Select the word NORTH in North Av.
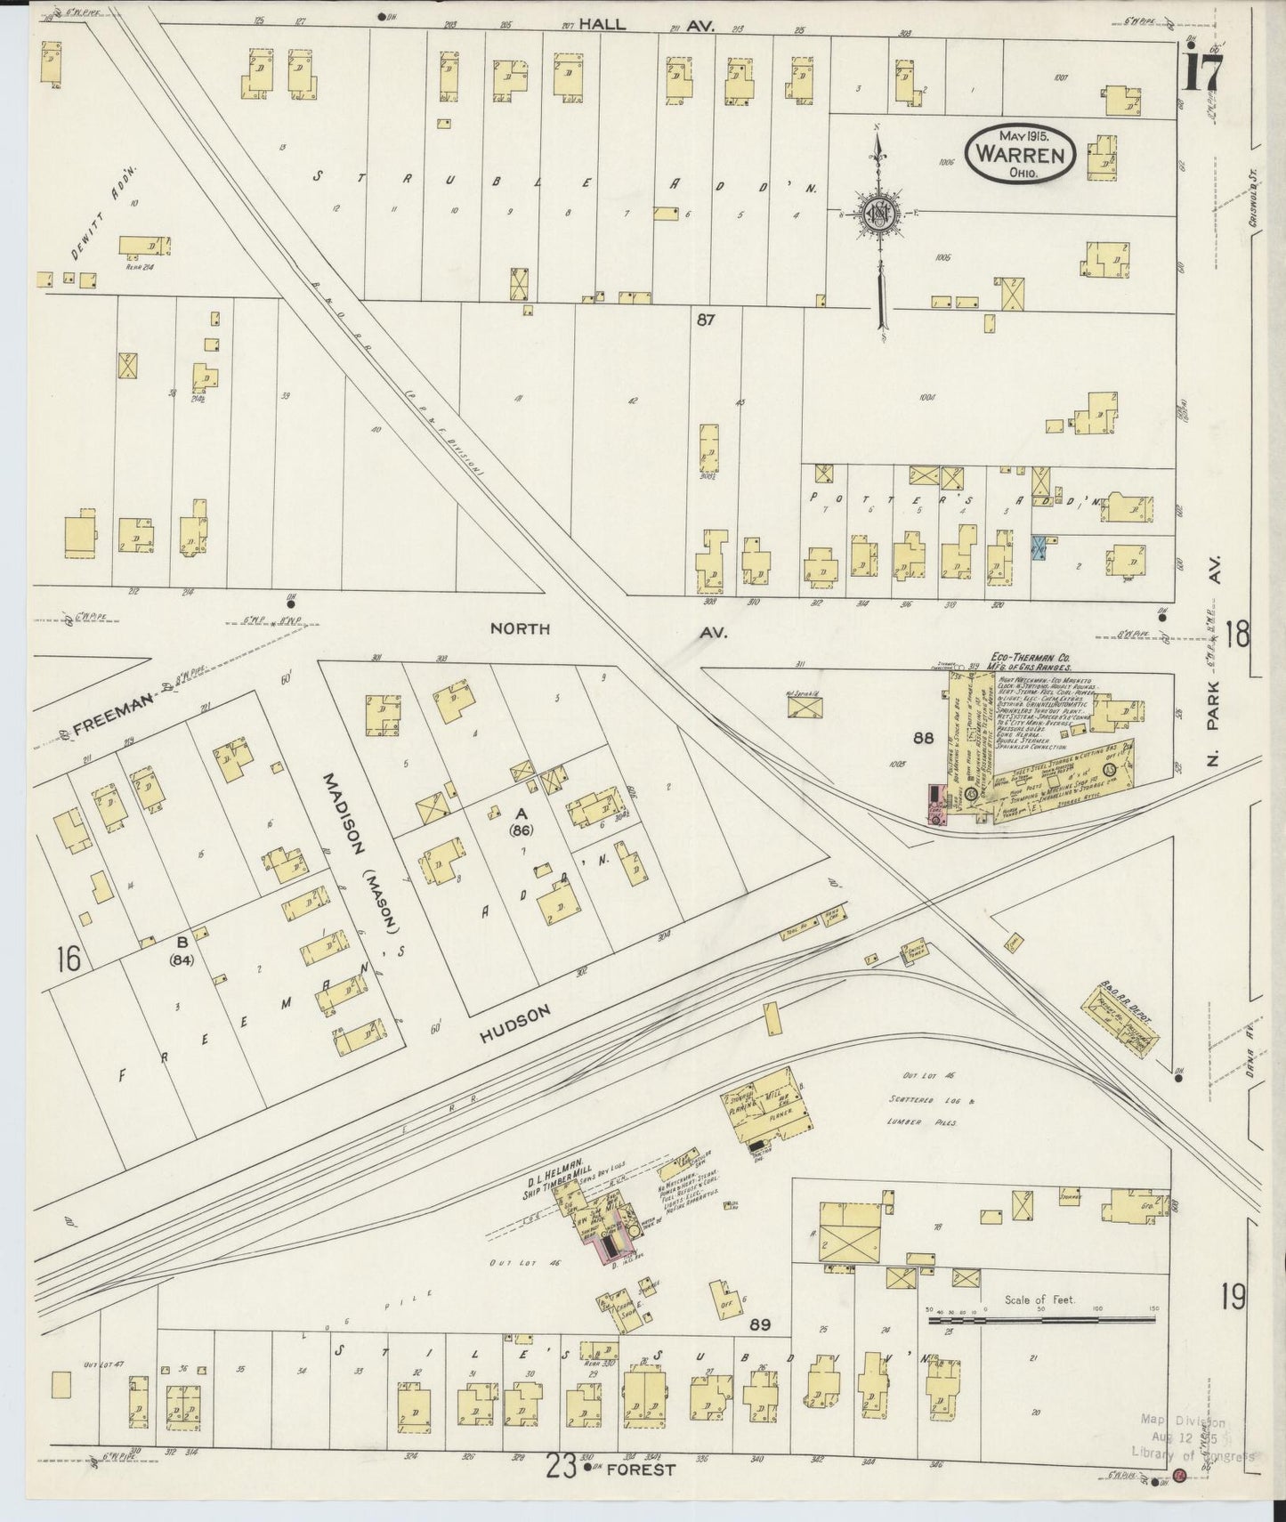coord(520,628)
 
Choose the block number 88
coord(922,737)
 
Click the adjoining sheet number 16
coord(68,959)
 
